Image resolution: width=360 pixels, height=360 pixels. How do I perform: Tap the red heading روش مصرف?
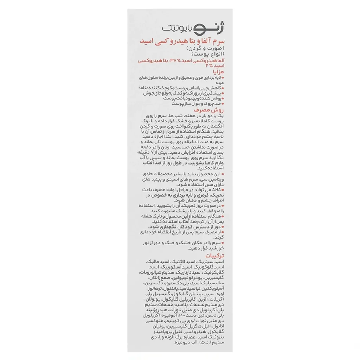[209, 110]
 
